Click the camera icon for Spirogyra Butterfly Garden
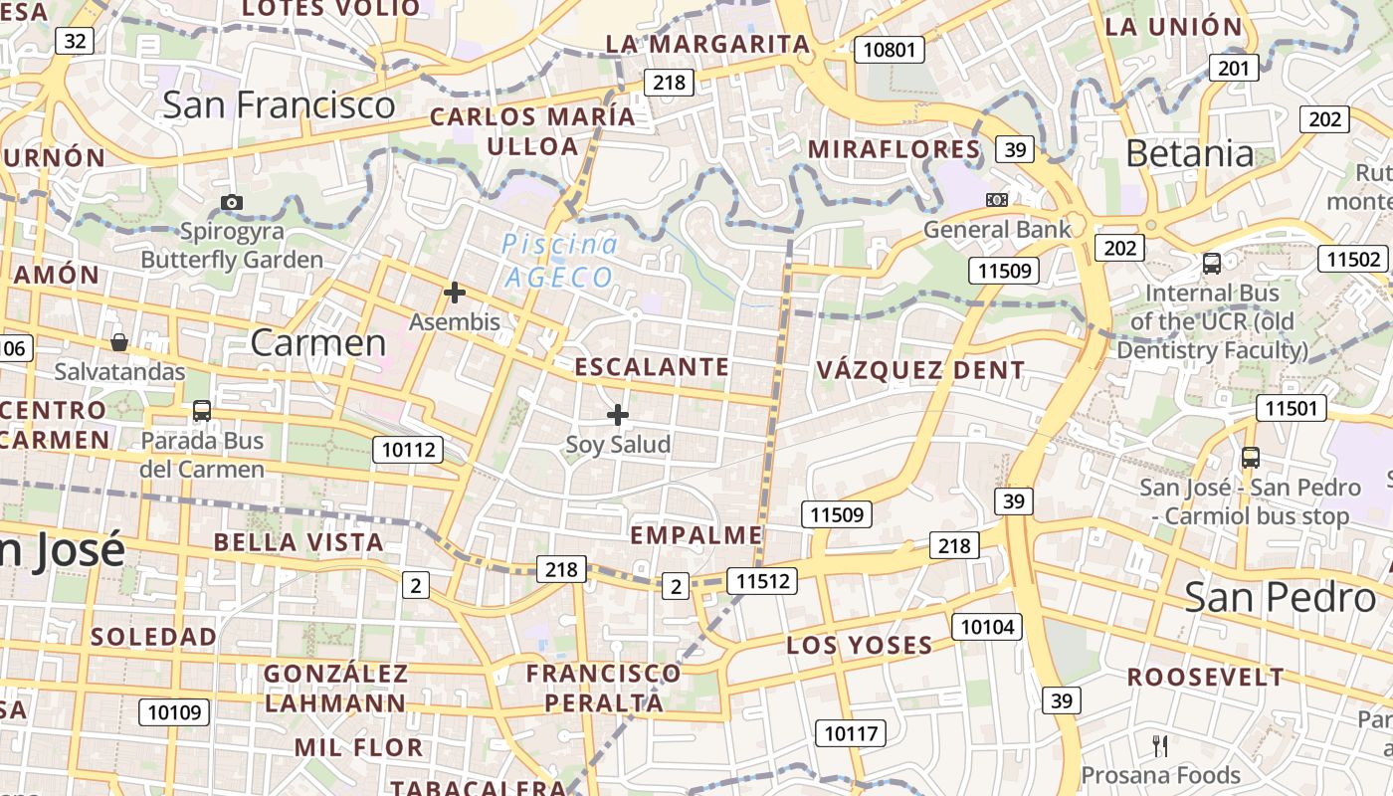[232, 202]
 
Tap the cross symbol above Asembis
[455, 293]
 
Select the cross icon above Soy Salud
[618, 414]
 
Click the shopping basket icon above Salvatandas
[119, 342]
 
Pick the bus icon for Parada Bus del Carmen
[202, 411]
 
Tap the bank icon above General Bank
[997, 200]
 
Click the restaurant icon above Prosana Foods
[1160, 745]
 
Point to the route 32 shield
[75, 41]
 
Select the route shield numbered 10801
[889, 49]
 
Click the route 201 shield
[1234, 68]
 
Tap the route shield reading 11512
[762, 581]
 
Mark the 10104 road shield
[987, 626]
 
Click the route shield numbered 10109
[174, 711]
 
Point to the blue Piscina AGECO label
[559, 261]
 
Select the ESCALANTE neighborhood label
[653, 367]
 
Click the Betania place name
[1190, 153]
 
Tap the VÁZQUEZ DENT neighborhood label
[920, 370]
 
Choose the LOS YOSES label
[860, 645]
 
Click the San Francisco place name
[279, 104]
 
